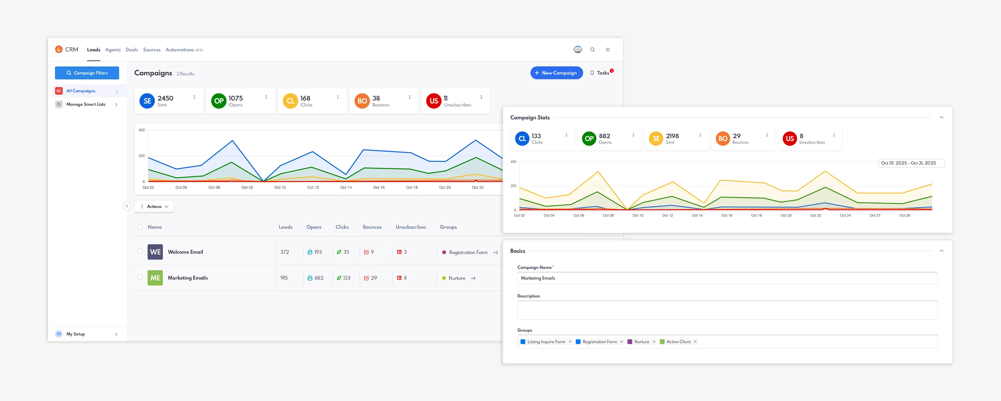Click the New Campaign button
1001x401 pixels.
(556, 73)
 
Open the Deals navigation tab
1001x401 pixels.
(132, 50)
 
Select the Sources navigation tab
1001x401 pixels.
(151, 50)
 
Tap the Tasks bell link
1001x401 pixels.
(600, 73)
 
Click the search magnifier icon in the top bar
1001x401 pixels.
(592, 50)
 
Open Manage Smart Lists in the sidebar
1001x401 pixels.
(86, 104)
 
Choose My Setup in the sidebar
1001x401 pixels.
(75, 334)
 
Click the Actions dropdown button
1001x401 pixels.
(154, 206)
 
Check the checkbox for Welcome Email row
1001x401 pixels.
(140, 251)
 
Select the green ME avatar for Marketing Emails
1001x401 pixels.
(155, 278)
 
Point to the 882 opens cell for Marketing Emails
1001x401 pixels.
(315, 278)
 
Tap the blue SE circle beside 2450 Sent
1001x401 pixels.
(147, 101)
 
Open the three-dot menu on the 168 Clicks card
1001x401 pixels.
(338, 97)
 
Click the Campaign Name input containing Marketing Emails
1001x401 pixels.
(727, 278)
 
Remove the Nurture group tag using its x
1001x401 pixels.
(654, 342)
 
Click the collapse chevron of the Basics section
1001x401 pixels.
(941, 251)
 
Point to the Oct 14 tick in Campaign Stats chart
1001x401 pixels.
(697, 215)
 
